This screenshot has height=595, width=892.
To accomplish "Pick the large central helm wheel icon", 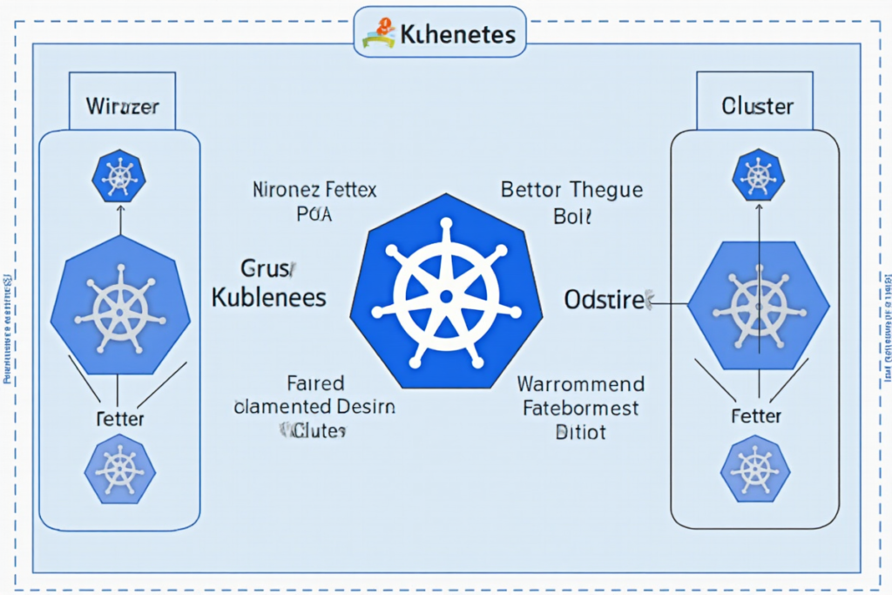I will [445, 295].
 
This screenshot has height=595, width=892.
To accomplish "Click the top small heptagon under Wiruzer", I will [120, 177].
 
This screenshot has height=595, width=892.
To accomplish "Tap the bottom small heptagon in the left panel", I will [119, 471].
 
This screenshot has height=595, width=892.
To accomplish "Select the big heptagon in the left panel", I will [120, 306].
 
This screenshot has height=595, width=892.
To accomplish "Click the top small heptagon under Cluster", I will [757, 177].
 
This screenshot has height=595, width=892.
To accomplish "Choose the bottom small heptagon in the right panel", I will [755, 470].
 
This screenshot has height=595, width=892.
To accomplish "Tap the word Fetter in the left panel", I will [119, 420].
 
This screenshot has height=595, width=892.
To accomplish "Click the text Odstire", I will [605, 300].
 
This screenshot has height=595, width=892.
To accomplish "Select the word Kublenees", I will [269, 297].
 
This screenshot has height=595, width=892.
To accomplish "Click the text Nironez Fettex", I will [314, 188].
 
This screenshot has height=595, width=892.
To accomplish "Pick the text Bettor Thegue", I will [571, 189].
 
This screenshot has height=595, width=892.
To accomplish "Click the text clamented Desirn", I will [314, 407].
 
